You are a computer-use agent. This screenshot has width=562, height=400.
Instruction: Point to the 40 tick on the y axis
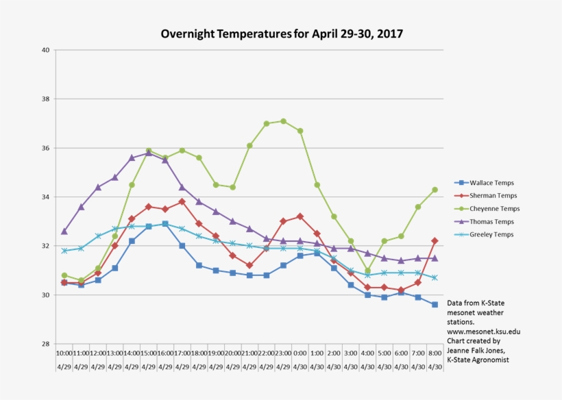pyautogui.click(x=45, y=50)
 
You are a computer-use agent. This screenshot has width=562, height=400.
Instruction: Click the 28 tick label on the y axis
pyautogui.click(x=45, y=344)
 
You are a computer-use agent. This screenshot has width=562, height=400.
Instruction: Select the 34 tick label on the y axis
pyautogui.click(x=45, y=197)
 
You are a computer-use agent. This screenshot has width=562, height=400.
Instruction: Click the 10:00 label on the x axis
pyautogui.click(x=64, y=353)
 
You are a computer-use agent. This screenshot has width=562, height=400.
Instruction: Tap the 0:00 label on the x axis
pyautogui.click(x=300, y=353)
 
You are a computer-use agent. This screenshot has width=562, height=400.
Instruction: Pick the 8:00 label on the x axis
pyautogui.click(x=435, y=353)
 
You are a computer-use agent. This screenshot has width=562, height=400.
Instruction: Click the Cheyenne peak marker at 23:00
pyautogui.click(x=283, y=121)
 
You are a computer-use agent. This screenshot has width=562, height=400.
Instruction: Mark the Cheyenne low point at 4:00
pyautogui.click(x=367, y=271)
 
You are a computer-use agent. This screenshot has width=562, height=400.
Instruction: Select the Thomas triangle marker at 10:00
pyautogui.click(x=64, y=232)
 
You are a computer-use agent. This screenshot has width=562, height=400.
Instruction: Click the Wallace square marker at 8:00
pyautogui.click(x=435, y=305)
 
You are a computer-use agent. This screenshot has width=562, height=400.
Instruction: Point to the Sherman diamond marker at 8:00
pyautogui.click(x=435, y=240)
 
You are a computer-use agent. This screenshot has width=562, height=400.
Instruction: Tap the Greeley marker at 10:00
pyautogui.click(x=64, y=251)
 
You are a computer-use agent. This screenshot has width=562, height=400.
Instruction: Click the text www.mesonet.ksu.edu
pyautogui.click(x=483, y=332)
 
